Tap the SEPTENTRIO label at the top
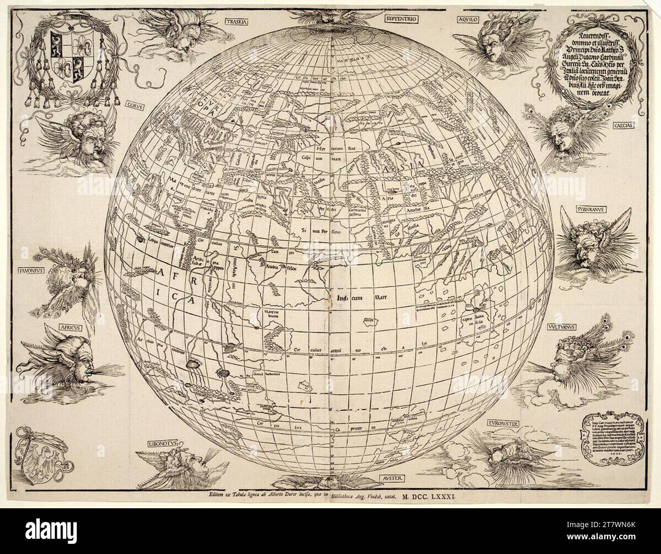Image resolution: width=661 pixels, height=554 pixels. pyautogui.click(x=402, y=19)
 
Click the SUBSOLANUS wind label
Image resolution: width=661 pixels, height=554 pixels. pyautogui.click(x=577, y=209)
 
